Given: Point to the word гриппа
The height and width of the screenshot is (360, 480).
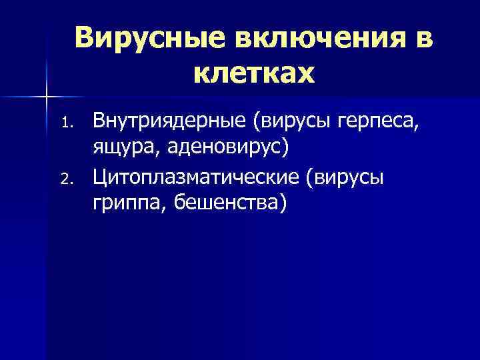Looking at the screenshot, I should click(x=123, y=203).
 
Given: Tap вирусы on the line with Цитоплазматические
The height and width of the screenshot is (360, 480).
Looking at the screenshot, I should click(x=350, y=178).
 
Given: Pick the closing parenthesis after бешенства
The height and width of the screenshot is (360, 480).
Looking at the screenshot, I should click(x=285, y=203).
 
